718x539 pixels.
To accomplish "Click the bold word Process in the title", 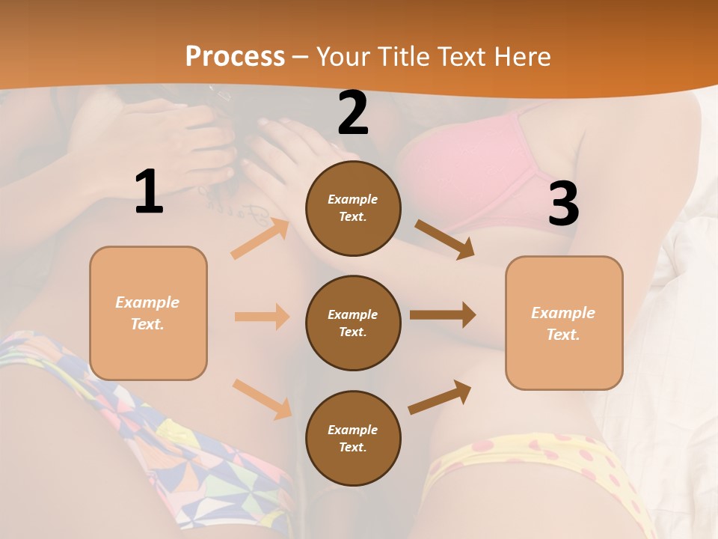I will (235, 56).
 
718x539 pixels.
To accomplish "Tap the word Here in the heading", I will (521, 56).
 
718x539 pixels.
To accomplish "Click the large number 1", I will (149, 192).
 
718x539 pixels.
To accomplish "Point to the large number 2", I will (353, 114).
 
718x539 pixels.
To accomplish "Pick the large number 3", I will (563, 204).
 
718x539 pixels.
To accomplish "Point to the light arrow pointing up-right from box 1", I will (260, 239).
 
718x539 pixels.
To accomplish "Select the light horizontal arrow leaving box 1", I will (262, 317).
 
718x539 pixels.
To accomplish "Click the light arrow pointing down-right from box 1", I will (262, 399).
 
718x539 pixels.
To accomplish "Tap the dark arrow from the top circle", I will (445, 240).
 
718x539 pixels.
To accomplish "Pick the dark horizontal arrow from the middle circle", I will (443, 315).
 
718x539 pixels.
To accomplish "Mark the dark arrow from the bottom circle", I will (440, 398).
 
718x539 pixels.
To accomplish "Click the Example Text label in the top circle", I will (353, 208).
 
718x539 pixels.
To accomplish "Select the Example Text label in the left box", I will (148, 313).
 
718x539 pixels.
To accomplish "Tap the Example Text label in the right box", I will (564, 323).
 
